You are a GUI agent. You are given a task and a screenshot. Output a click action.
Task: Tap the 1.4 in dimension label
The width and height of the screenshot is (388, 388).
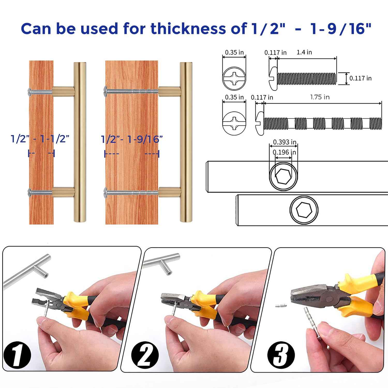304,52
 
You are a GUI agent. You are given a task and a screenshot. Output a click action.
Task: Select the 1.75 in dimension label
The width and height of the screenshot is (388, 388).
320,97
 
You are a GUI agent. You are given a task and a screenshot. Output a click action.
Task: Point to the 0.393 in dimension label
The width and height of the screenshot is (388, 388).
285,142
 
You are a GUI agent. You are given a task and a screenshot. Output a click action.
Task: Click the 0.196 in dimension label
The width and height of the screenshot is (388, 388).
285,152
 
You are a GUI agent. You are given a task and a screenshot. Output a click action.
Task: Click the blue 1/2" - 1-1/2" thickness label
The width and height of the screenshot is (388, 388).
40,139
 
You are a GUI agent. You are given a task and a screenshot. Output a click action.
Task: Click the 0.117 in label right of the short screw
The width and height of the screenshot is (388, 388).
360,78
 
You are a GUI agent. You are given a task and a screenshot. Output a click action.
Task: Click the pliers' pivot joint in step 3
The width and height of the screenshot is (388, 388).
329,299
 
